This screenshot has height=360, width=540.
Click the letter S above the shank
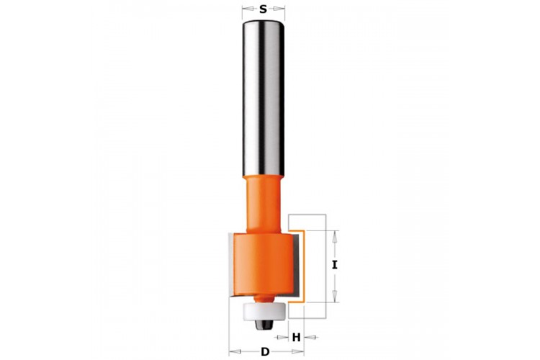tap(263, 9)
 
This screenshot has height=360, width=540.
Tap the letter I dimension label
tap(334, 265)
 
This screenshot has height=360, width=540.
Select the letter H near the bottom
tap(296, 337)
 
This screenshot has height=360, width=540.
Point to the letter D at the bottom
tap(265, 352)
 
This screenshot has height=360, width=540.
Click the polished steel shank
tap(264, 99)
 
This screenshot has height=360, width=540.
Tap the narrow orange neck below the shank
tap(264, 204)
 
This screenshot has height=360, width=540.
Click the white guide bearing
tap(264, 310)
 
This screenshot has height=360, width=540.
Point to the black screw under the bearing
tap(264, 323)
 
